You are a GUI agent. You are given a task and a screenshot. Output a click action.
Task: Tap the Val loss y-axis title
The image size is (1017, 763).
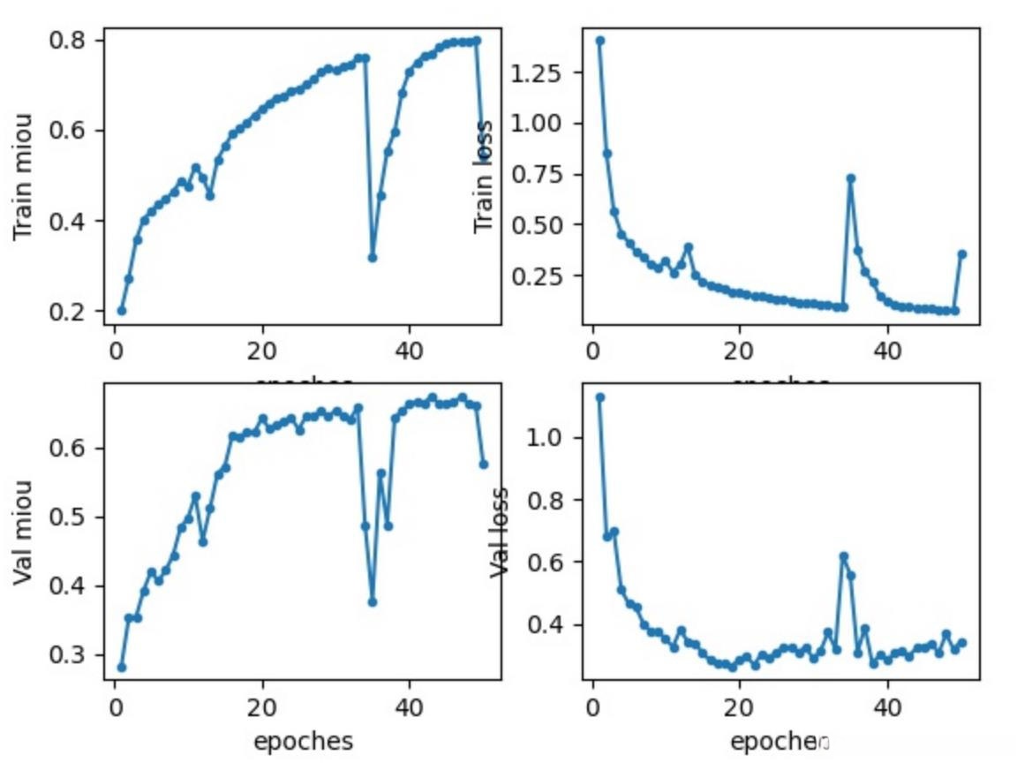coord(500,532)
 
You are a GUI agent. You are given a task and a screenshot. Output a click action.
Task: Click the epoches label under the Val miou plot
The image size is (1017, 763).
coord(303,741)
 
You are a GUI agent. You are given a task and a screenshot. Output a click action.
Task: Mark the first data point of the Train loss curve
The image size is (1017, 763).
coord(600,41)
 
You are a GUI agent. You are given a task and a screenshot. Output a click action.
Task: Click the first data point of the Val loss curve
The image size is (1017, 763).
coord(600,397)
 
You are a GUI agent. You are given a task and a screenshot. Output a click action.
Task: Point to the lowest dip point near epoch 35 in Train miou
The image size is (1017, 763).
coord(373,258)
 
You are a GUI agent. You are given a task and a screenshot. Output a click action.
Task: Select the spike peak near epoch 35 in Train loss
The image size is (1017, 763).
coord(851,178)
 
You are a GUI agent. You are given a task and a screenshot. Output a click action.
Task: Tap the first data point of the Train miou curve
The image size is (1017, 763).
coord(122,311)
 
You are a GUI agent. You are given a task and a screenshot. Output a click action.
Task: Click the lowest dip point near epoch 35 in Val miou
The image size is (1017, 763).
coord(373,602)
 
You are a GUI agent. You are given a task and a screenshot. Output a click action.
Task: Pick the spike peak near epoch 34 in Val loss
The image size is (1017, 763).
coord(844,556)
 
